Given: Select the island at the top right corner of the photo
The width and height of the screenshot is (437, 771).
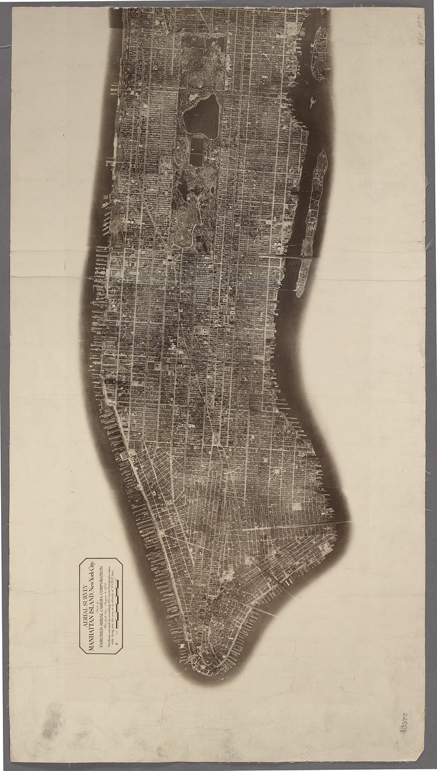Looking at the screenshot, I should [x=320, y=52].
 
